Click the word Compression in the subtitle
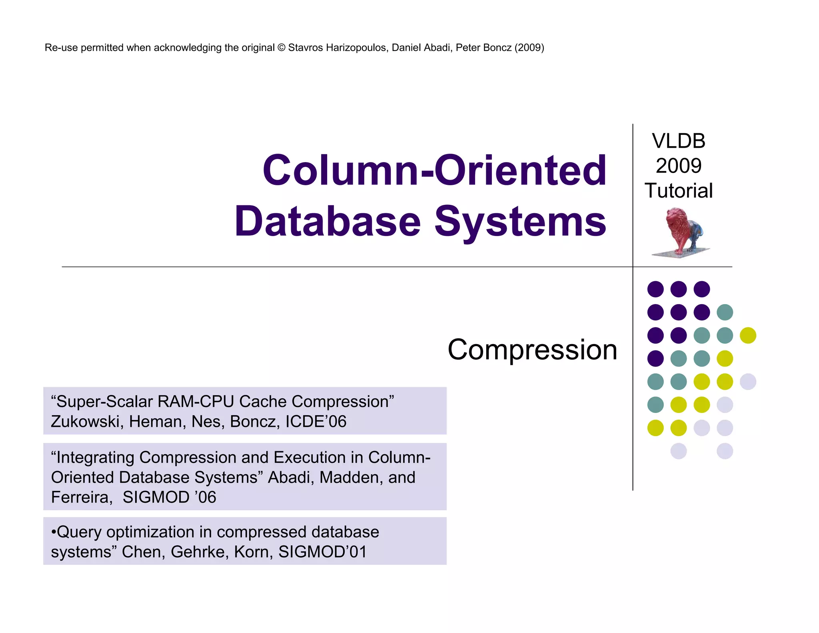pyautogui.click(x=532, y=350)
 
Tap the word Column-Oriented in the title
pyautogui.click(x=434, y=171)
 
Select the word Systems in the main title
pyautogui.click(x=520, y=221)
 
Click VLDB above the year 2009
pyautogui.click(x=679, y=141)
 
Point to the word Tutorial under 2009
pyautogui.click(x=679, y=191)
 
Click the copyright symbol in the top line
pyautogui.click(x=281, y=48)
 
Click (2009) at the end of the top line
pyautogui.click(x=529, y=48)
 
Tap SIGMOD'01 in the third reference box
pyautogui.click(x=322, y=552)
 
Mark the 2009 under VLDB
pyautogui.click(x=679, y=166)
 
